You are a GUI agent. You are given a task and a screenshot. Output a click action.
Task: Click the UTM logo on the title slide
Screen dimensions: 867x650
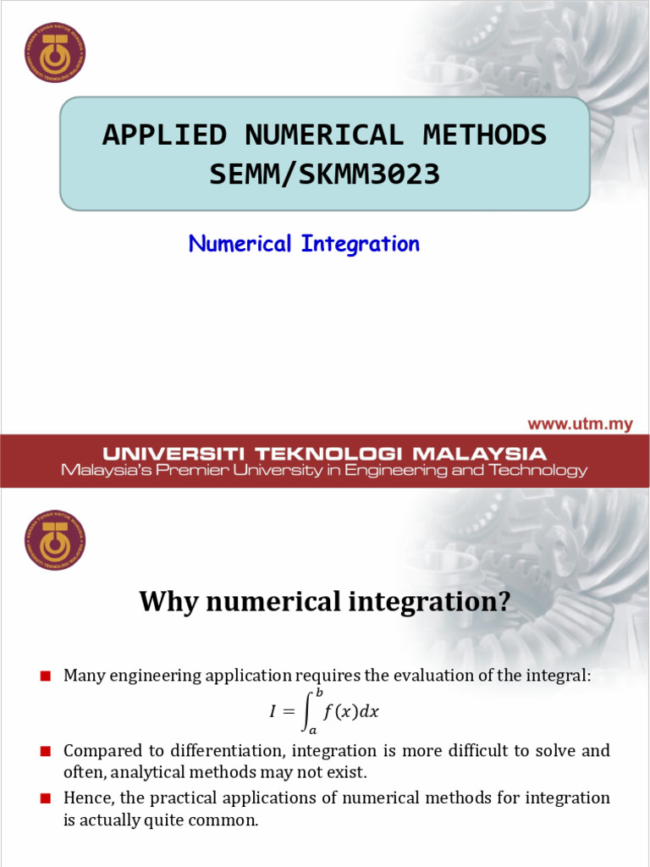pyautogui.click(x=55, y=52)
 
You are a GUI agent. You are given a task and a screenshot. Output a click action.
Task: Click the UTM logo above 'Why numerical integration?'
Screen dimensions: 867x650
pyautogui.click(x=55, y=539)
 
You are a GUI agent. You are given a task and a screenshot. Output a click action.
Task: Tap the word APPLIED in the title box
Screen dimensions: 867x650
pyautogui.click(x=164, y=135)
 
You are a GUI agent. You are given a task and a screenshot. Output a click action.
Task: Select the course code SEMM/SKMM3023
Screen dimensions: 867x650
pyautogui.click(x=324, y=174)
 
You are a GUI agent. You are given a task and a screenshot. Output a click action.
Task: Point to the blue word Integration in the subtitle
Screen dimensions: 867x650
pyautogui.click(x=359, y=244)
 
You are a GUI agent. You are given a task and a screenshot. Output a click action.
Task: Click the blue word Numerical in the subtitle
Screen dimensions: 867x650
pyautogui.click(x=240, y=244)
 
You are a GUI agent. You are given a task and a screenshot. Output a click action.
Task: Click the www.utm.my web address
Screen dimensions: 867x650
pyautogui.click(x=580, y=424)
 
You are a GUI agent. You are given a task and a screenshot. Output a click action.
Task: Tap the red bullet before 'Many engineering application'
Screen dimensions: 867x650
pyautogui.click(x=46, y=676)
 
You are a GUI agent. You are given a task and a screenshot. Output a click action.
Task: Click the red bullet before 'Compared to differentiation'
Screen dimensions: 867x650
pyautogui.click(x=46, y=751)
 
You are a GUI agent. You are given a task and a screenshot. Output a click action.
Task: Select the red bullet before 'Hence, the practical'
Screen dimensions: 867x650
pyautogui.click(x=46, y=798)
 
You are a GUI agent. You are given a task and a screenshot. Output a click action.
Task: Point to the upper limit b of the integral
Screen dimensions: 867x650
pyautogui.click(x=320, y=693)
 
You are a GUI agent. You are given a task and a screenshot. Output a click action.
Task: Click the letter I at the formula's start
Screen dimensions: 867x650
pyautogui.click(x=273, y=713)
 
